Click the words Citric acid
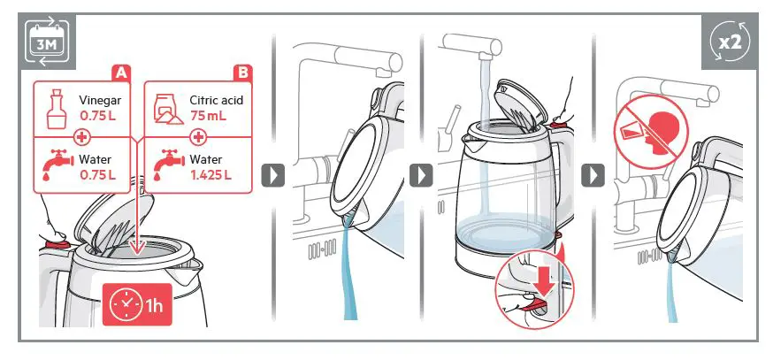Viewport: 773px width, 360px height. point(216,101)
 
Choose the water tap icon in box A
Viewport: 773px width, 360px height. point(54,165)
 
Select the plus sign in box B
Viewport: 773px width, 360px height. point(199,137)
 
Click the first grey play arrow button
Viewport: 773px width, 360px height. point(275,174)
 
